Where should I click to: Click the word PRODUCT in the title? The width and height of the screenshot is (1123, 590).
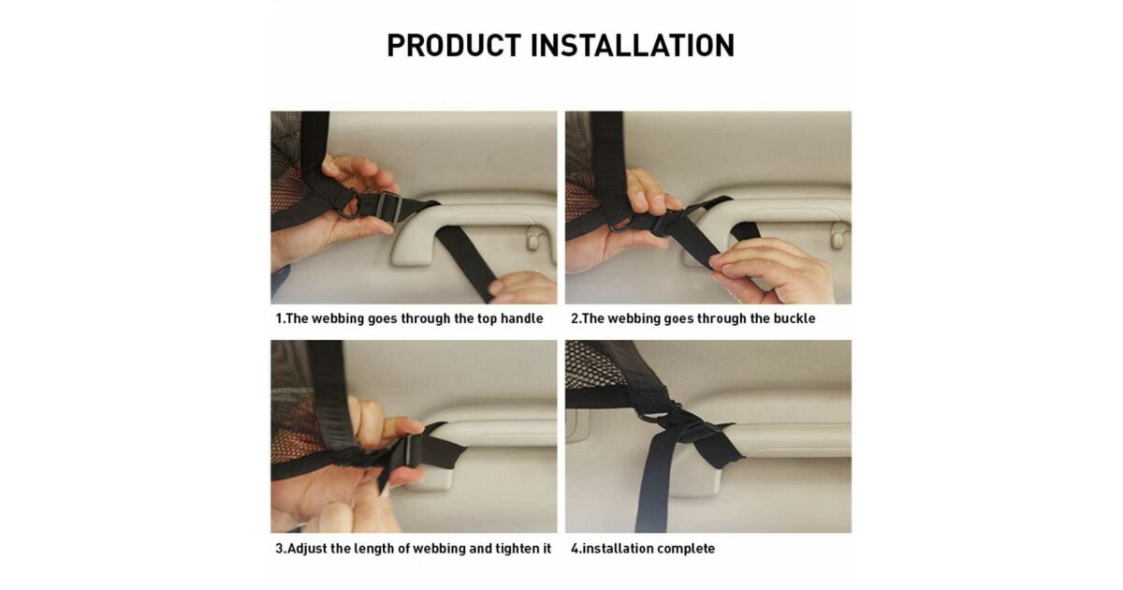[454, 46]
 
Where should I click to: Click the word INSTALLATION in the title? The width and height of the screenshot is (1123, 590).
[633, 46]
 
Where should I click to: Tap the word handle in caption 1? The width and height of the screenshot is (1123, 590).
[522, 318]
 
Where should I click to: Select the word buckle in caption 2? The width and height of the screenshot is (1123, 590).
[795, 318]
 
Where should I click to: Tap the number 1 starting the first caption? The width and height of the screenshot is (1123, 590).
[279, 318]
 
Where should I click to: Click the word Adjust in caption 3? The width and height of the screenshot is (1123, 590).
[307, 549]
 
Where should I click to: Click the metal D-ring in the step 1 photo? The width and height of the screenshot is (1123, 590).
[350, 202]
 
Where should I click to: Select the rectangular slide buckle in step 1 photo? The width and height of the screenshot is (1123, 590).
[387, 207]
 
